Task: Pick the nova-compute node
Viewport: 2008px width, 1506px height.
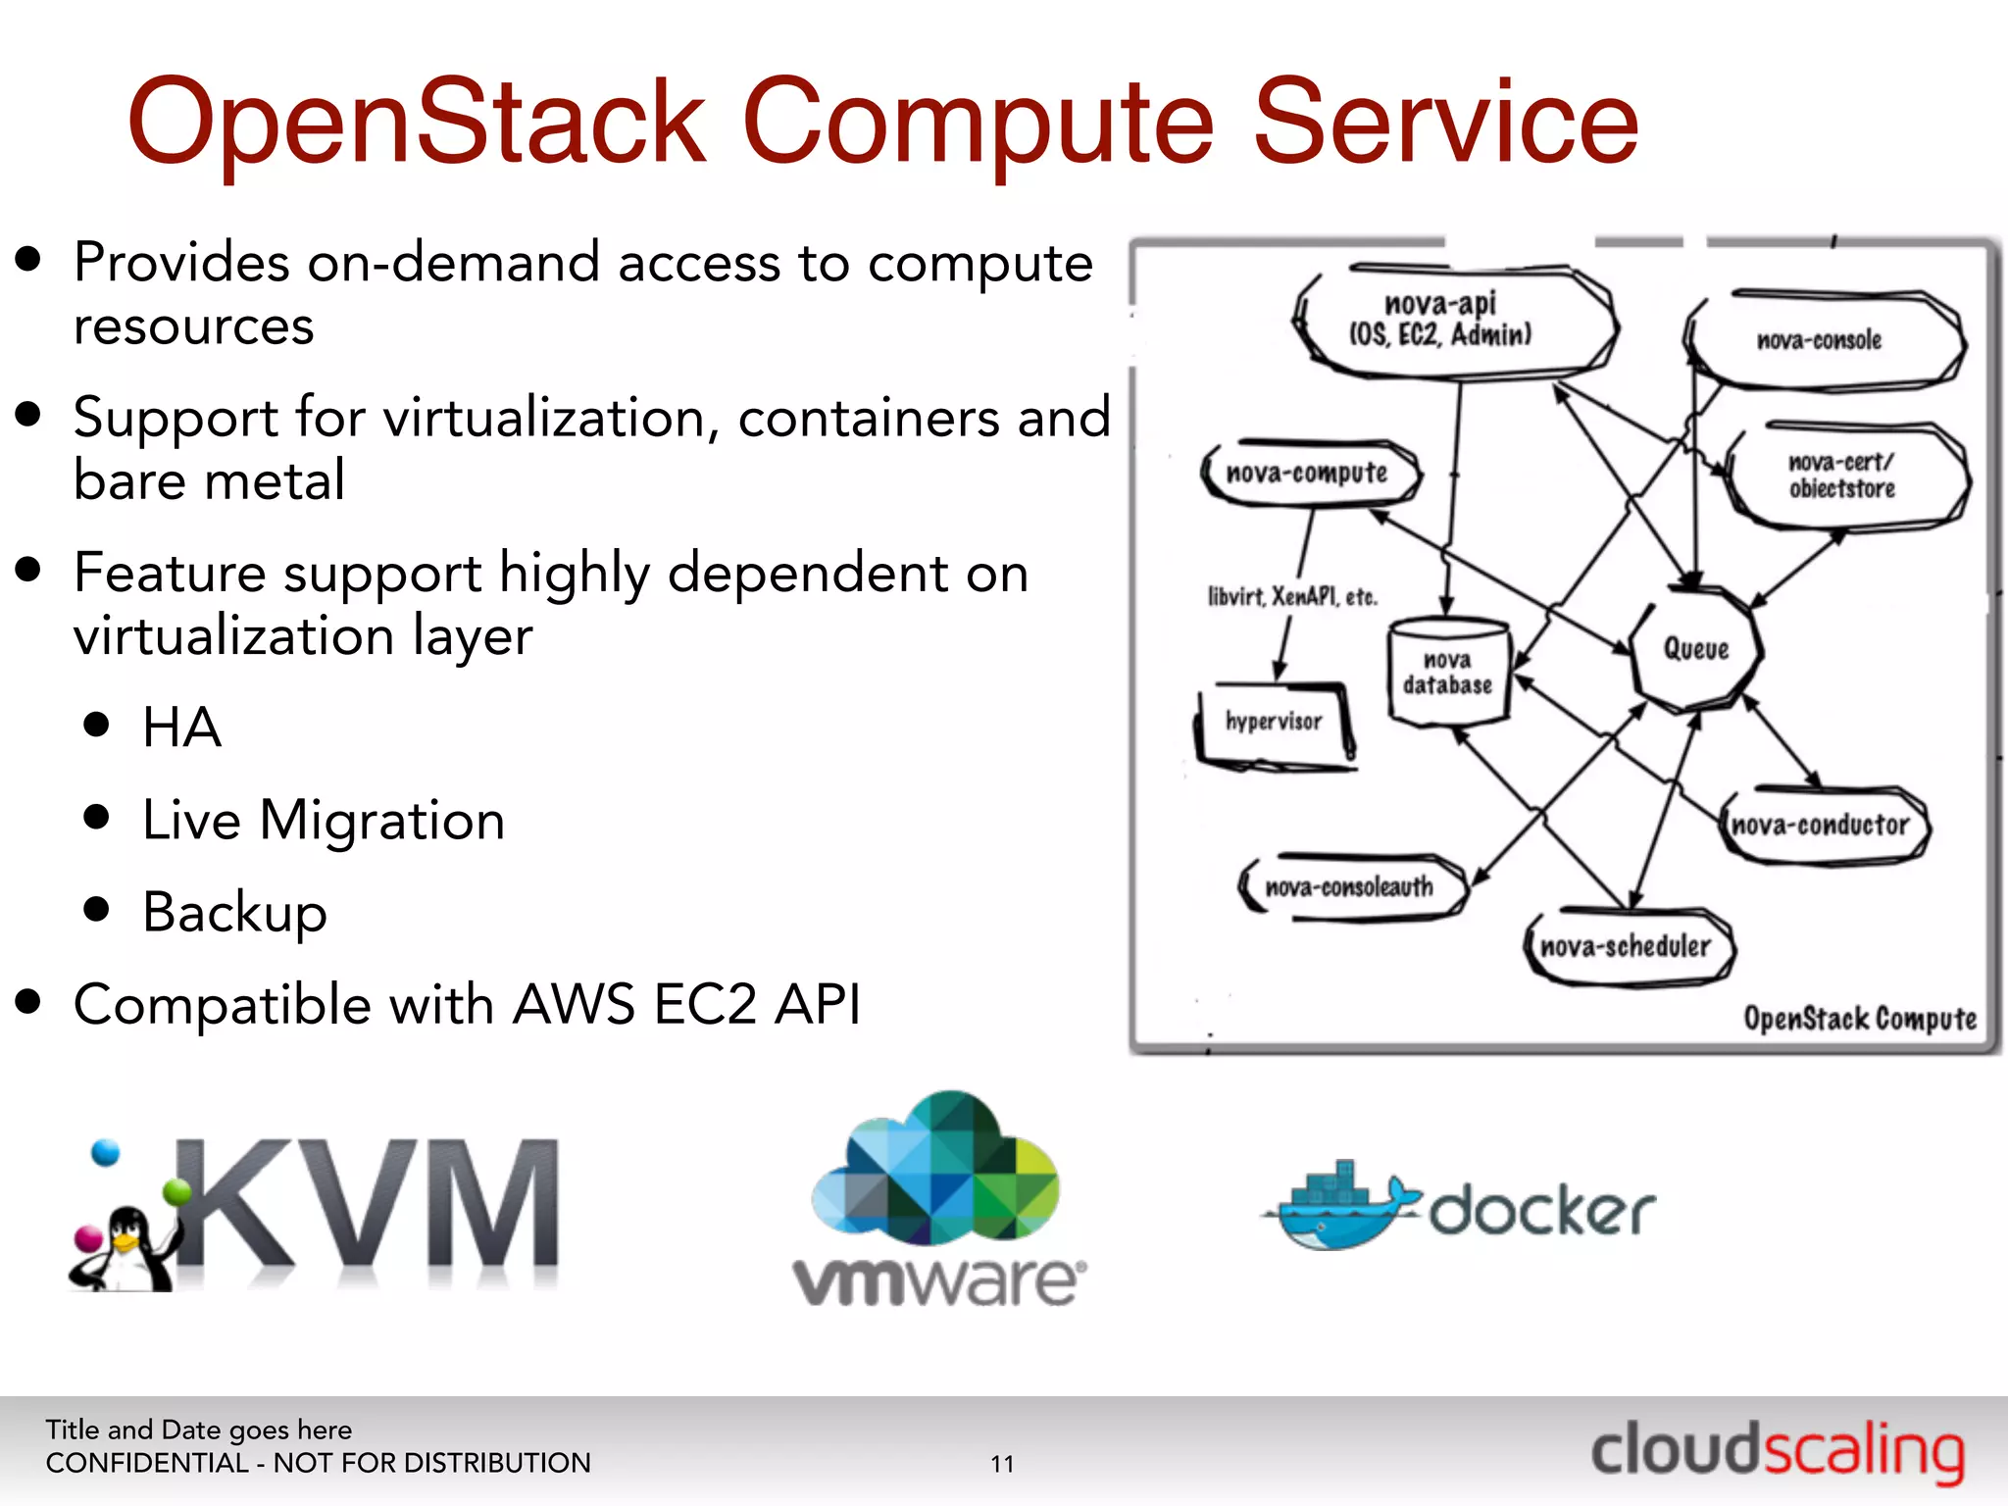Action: pyautogui.click(x=1309, y=473)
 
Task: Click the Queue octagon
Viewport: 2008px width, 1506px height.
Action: pyautogui.click(x=1695, y=648)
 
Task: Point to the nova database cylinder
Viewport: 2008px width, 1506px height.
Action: pyautogui.click(x=1448, y=673)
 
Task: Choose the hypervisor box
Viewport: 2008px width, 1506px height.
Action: pyautogui.click(x=1274, y=723)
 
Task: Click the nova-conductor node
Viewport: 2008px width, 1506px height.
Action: pyautogui.click(x=1822, y=825)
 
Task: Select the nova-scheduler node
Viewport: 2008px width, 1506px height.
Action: pyautogui.click(x=1628, y=946)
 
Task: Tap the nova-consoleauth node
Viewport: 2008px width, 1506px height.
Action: pyautogui.click(x=1351, y=886)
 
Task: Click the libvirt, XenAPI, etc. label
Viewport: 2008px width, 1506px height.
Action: pyautogui.click(x=1292, y=596)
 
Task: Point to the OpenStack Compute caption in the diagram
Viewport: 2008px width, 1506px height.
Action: pyautogui.click(x=1859, y=1019)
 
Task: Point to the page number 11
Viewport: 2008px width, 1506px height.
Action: pyautogui.click(x=1002, y=1464)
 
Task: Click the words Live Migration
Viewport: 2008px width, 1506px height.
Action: pyautogui.click(x=324, y=820)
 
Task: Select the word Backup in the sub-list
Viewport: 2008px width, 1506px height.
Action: pyautogui.click(x=234, y=912)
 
